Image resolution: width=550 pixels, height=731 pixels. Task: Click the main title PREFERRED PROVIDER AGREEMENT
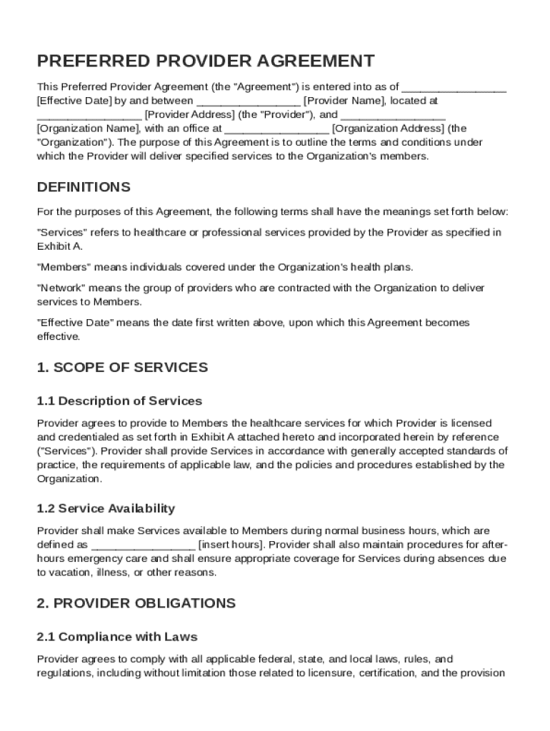point(206,61)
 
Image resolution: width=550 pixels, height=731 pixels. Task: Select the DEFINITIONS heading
point(84,187)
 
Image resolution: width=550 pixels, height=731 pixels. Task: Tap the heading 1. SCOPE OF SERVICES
point(122,368)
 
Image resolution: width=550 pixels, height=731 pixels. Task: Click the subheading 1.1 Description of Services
point(119,401)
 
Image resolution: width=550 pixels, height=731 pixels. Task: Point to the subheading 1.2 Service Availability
point(106,509)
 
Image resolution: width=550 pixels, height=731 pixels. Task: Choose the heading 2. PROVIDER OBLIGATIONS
point(136,603)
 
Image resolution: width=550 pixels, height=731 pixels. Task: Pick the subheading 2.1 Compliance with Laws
point(117,636)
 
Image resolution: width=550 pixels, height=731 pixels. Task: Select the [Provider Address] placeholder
point(189,114)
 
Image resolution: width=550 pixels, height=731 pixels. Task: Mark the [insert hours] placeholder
point(231,545)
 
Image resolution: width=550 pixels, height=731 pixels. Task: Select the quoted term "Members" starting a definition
point(63,267)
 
